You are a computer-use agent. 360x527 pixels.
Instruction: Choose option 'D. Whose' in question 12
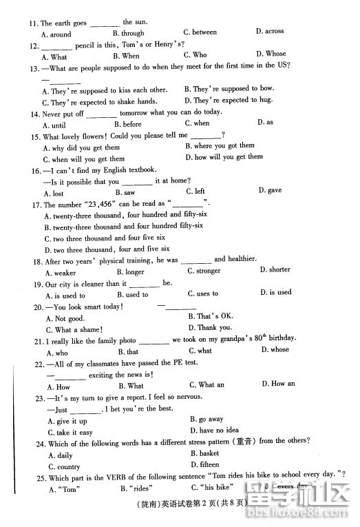point(271,54)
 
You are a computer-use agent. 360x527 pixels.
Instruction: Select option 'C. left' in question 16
point(195,192)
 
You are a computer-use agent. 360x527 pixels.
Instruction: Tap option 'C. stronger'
point(204,271)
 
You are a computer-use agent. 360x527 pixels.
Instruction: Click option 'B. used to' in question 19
point(131,295)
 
